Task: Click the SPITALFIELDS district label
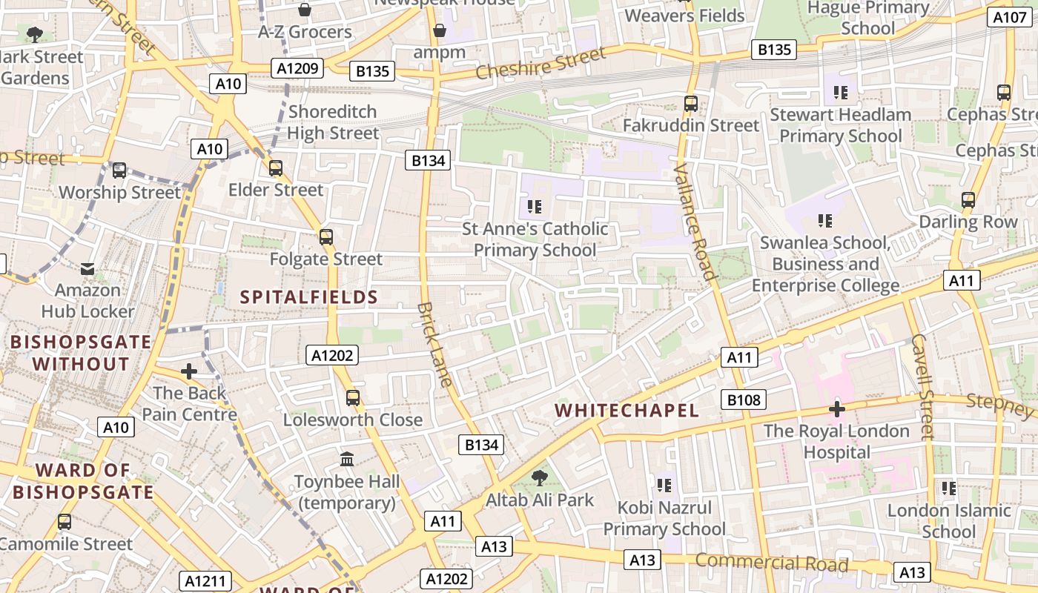(x=309, y=297)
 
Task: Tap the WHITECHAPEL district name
(x=627, y=411)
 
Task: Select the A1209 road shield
(x=297, y=69)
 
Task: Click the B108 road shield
(x=743, y=400)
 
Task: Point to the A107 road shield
(x=1011, y=17)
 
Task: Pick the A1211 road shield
(x=205, y=581)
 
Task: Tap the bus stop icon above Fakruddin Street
(x=691, y=104)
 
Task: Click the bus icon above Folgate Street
(x=325, y=237)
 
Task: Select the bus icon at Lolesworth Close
(x=353, y=398)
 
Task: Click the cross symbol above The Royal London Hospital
(x=837, y=409)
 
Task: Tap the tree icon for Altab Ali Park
(x=539, y=478)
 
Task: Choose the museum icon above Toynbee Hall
(x=346, y=460)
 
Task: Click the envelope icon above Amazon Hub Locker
(x=87, y=268)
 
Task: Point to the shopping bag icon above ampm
(x=440, y=30)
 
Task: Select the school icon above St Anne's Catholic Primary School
(x=535, y=206)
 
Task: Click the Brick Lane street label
(x=434, y=344)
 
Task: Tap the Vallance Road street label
(x=695, y=222)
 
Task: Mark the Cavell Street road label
(x=922, y=386)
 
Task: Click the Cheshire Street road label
(x=541, y=63)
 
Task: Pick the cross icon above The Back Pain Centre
(x=189, y=371)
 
